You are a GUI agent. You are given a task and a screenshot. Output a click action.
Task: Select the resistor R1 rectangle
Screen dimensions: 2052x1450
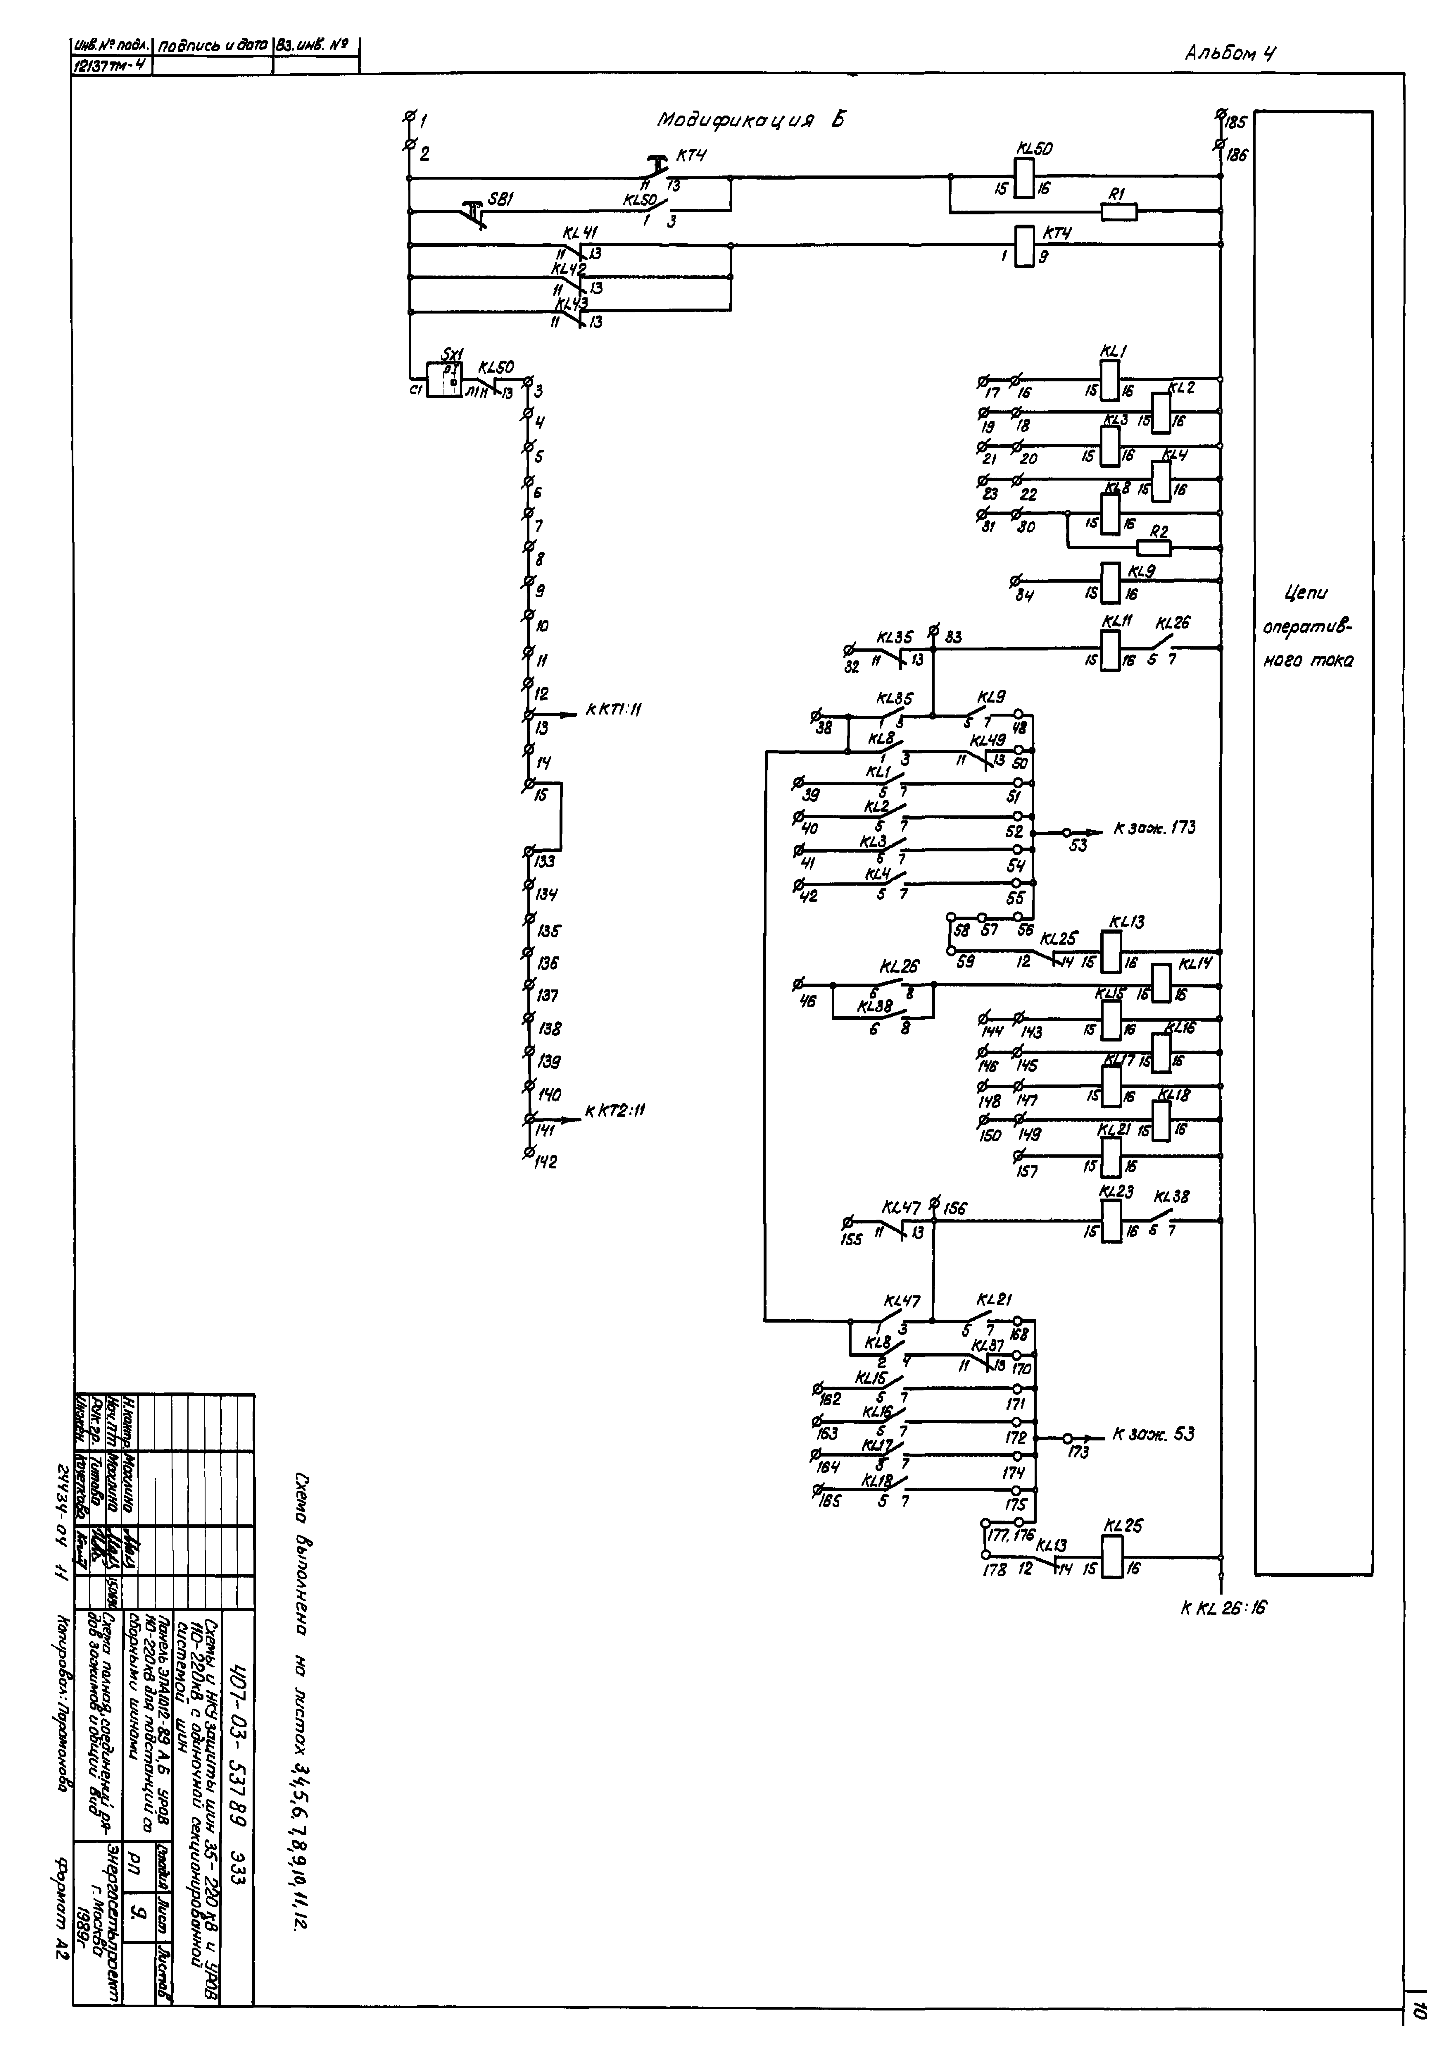1118,212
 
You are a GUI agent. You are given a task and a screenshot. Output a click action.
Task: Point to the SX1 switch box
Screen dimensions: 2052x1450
444,380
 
